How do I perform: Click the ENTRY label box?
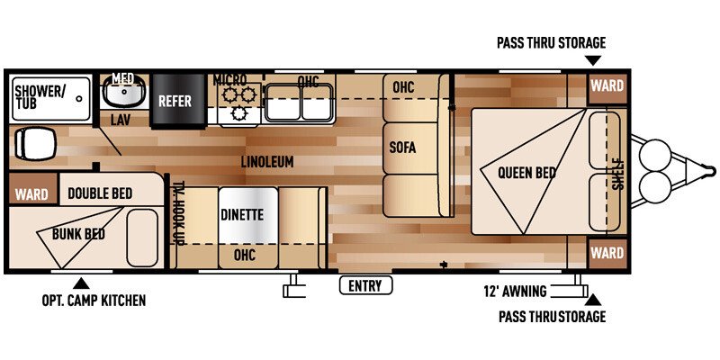pyautogui.click(x=365, y=285)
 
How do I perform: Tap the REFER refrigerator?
pyautogui.click(x=178, y=101)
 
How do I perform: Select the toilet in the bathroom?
pyautogui.click(x=35, y=144)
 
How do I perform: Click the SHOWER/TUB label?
pyautogui.click(x=38, y=97)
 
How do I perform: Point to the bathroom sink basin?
pyautogui.click(x=124, y=92)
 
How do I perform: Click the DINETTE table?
pyautogui.click(x=248, y=215)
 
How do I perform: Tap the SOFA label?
pyautogui.click(x=402, y=148)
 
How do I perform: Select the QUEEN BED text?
pyautogui.click(x=526, y=173)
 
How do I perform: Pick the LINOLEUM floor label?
pyautogui.click(x=267, y=162)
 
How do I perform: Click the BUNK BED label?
pyautogui.click(x=78, y=234)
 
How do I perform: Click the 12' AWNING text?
pyautogui.click(x=515, y=292)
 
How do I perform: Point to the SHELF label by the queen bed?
pyautogui.click(x=618, y=174)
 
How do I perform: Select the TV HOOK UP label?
pyautogui.click(x=178, y=211)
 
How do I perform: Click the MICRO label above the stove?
pyautogui.click(x=229, y=80)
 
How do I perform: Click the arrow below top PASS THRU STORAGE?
pyautogui.click(x=593, y=60)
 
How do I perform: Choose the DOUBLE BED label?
pyautogui.click(x=100, y=193)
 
